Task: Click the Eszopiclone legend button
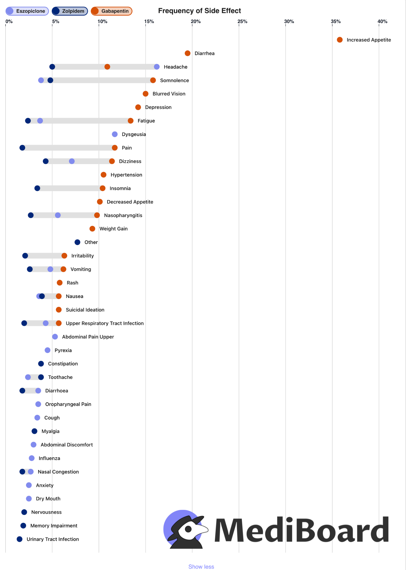[x=27, y=11]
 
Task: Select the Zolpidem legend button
[x=70, y=11]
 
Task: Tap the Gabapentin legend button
[x=112, y=11]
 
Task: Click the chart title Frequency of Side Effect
[x=199, y=11]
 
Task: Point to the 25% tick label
[x=242, y=21]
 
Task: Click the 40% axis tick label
[x=382, y=21]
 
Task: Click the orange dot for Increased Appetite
[x=340, y=40]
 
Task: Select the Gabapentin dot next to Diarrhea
[x=188, y=53]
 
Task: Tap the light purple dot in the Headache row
[x=157, y=67]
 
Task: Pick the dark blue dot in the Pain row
[x=22, y=148]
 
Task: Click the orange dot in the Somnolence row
[x=153, y=80]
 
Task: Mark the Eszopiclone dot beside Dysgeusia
[x=115, y=134]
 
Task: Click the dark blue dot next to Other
[x=77, y=242]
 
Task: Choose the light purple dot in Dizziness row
[x=72, y=161]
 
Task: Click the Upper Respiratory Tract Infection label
[x=105, y=323]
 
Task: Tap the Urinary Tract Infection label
[x=53, y=539]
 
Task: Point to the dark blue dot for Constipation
[x=41, y=364]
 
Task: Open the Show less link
[x=201, y=567]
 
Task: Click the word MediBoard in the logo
[x=301, y=530]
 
